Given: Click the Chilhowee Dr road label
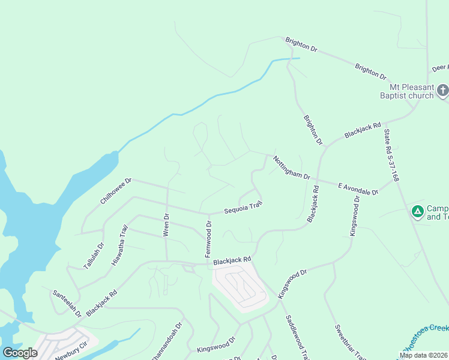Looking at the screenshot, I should pos(116,190).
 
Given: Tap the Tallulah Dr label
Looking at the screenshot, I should pos(94,255).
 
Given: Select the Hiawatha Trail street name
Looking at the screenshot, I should pos(120,245).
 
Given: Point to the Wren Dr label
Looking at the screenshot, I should pos(166,225).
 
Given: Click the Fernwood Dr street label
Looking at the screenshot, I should pos(208,239).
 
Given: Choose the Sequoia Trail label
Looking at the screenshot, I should pos(243,208).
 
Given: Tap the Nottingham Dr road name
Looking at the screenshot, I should pos(291,168).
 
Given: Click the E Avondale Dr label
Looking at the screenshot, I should pos(358,188).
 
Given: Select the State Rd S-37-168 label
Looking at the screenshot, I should pos(391,154).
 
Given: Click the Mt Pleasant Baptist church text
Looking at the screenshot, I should pos(406,91).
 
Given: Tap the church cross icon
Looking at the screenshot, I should pos(442,91).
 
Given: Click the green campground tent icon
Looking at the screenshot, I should pos(417,211).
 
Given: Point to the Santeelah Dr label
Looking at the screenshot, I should pos(67,304).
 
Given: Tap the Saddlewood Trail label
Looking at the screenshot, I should pos(296,338).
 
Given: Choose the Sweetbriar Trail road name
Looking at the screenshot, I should pos(350,342).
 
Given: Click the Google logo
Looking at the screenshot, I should pos(20,353).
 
